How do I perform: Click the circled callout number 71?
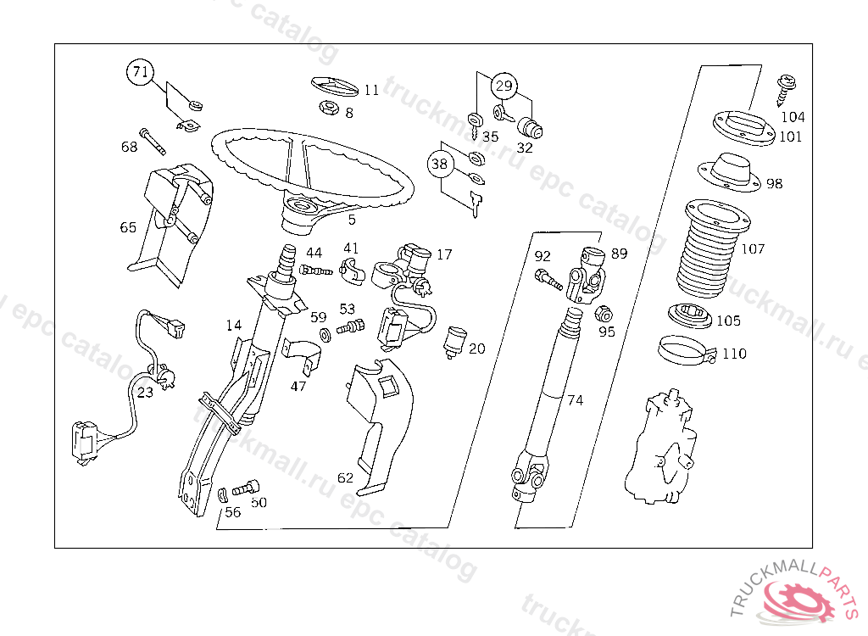coord(141,72)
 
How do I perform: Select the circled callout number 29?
coord(504,86)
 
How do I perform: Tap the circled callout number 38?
coord(439,165)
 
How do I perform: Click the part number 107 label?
coord(753,249)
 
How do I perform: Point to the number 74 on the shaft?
coord(575,400)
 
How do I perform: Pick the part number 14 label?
coord(234,325)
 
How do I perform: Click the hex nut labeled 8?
coord(328,109)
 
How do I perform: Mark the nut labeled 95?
coord(604,314)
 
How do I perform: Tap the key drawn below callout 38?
coord(476,204)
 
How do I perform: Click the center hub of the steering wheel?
coord(303,206)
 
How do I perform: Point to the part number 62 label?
coord(345,478)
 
